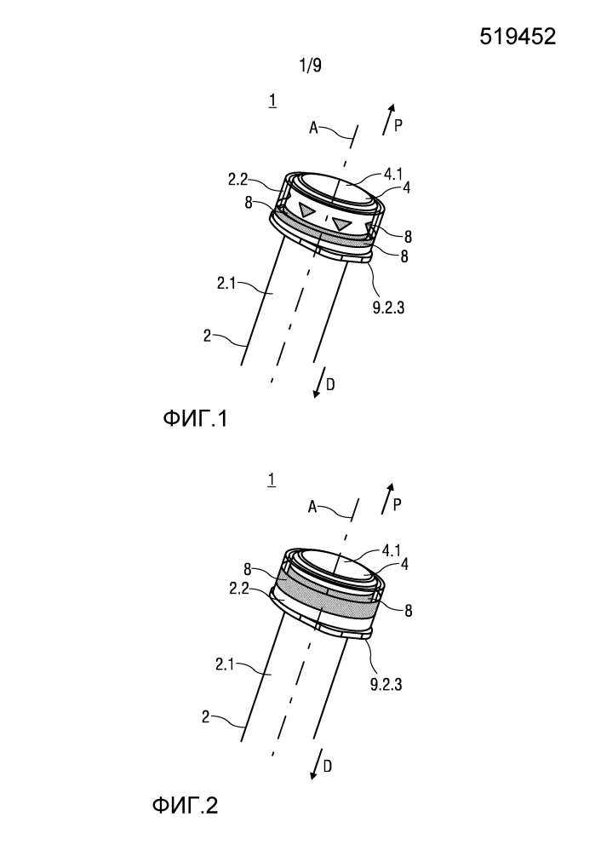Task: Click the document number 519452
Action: [x=518, y=37]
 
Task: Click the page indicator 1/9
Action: [x=310, y=66]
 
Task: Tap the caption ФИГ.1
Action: [x=194, y=419]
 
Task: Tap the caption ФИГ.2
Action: [x=185, y=805]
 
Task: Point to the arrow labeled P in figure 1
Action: [x=388, y=119]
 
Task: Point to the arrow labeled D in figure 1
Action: [x=318, y=382]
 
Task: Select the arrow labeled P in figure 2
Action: [x=387, y=497]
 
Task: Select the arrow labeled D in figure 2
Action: [x=317, y=764]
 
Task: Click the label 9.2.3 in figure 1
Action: [x=388, y=308]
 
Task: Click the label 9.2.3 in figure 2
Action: [x=386, y=684]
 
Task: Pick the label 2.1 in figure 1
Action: [x=226, y=283]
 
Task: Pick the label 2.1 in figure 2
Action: [x=225, y=664]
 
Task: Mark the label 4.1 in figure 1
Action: [x=392, y=175]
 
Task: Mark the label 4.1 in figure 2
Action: [x=391, y=551]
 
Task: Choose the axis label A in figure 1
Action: [x=313, y=128]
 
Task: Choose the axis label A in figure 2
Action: [x=312, y=507]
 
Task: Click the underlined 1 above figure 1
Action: [x=272, y=101]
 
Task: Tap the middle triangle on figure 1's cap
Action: [x=342, y=223]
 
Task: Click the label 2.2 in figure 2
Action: [x=238, y=588]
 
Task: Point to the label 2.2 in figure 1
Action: [x=238, y=180]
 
